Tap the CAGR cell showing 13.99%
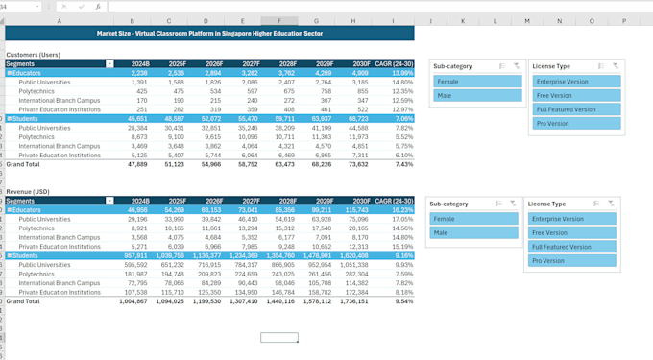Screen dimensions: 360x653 click(399, 73)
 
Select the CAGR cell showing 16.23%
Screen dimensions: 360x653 click(399, 209)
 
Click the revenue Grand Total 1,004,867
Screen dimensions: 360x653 click(133, 301)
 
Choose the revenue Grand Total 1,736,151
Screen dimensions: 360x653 click(352, 301)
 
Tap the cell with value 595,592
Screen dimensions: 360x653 click(134, 264)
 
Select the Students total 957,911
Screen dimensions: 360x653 click(134, 255)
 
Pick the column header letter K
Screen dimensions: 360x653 click(463, 20)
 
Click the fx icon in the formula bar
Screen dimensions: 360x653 click(97, 6)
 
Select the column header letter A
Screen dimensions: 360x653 click(60, 20)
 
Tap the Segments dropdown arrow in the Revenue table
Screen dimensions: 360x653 click(109, 201)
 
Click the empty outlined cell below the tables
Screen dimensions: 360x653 click(279, 338)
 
